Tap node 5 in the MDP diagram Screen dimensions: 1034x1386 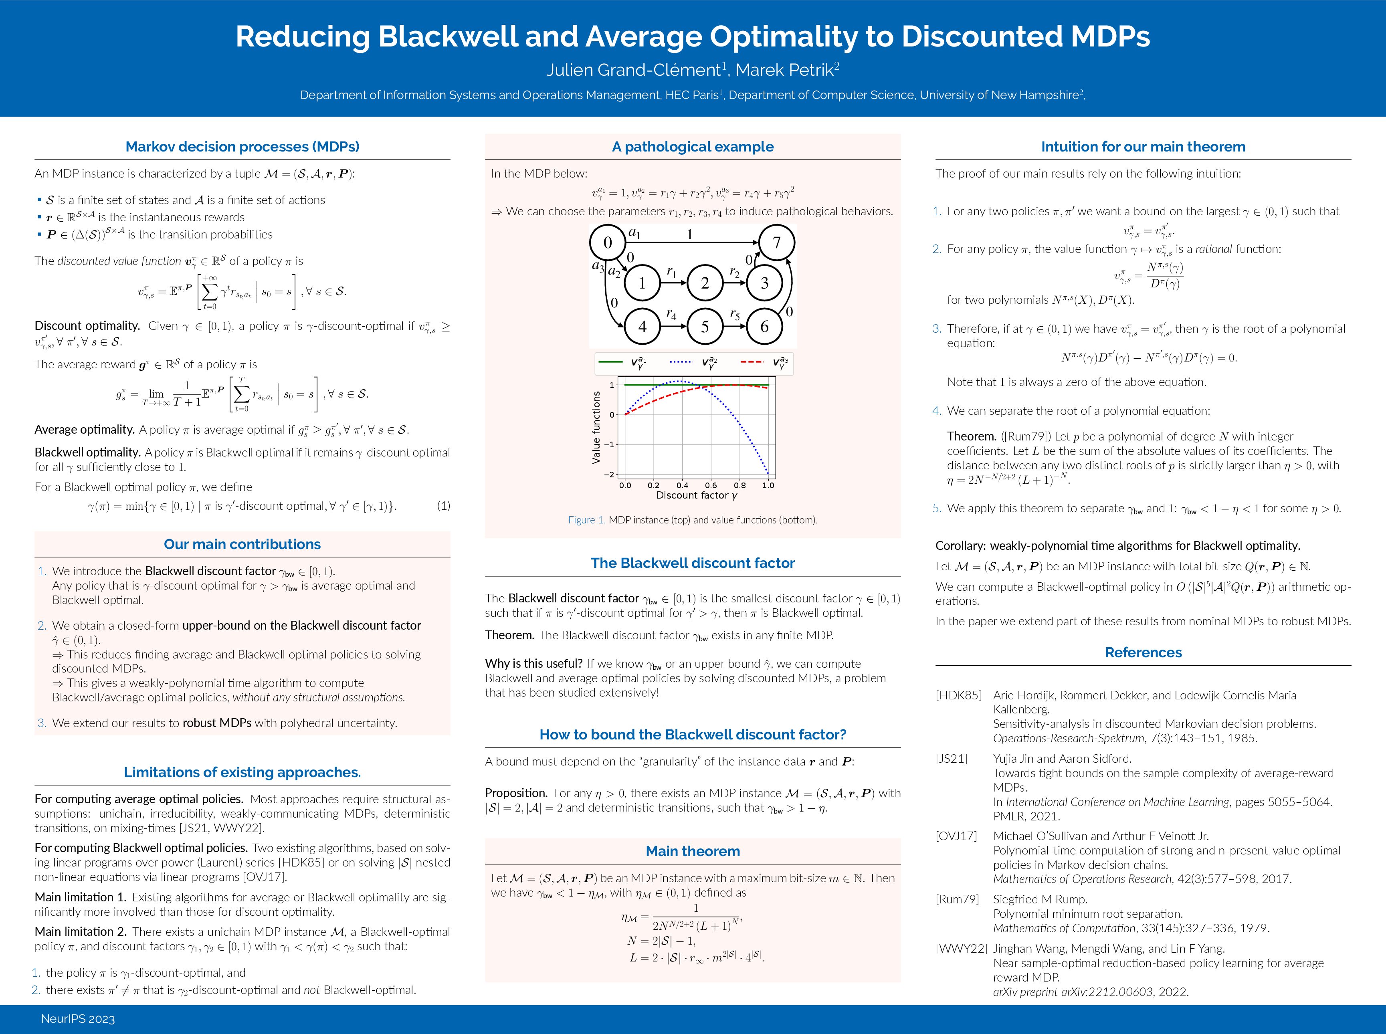pos(705,326)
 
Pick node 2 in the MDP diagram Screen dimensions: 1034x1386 pos(705,283)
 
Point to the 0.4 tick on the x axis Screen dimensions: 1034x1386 pos(682,485)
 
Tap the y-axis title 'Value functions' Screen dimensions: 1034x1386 pos(596,428)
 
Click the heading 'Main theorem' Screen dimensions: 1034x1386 pos(692,851)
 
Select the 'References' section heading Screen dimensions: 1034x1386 pos(1143,652)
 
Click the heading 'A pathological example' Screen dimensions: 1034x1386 pos(692,146)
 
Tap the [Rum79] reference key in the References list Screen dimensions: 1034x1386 pos(957,899)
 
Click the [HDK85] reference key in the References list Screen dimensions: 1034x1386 pos(958,695)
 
